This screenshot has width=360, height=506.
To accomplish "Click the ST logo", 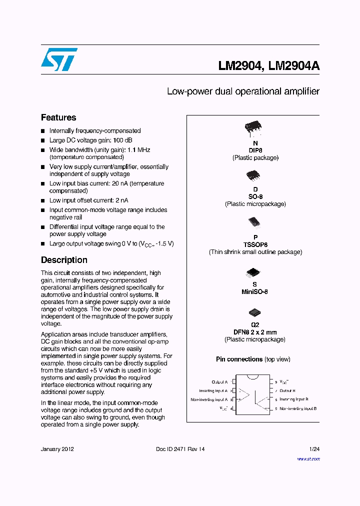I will coord(59,59).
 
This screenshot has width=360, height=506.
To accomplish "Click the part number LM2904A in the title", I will coord(294,66).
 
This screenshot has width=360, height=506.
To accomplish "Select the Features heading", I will coord(58,117).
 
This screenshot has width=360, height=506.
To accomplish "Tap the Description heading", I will coord(64,260).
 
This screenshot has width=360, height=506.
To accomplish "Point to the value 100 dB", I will coord(122,140).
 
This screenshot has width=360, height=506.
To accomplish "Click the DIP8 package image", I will coord(253,129).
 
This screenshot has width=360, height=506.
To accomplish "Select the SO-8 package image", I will coord(253,175).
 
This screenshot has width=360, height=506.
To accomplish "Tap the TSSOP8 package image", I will coord(254,222).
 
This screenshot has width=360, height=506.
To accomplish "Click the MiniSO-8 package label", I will coord(255,291).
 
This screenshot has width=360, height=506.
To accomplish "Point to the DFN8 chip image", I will coord(254,312).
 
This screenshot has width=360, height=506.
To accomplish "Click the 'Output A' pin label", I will coord(219,382).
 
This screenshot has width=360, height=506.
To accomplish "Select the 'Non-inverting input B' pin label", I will coord(298,408).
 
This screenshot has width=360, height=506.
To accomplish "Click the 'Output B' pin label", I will coord(287,390).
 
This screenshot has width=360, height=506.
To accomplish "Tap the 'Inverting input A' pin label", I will coord(213,390).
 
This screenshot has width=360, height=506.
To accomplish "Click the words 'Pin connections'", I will coord(239,359).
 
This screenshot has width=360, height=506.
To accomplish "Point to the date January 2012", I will coord(57,449).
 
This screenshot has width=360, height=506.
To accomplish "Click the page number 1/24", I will coord(314,449).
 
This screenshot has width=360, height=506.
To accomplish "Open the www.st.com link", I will coord(308,458).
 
